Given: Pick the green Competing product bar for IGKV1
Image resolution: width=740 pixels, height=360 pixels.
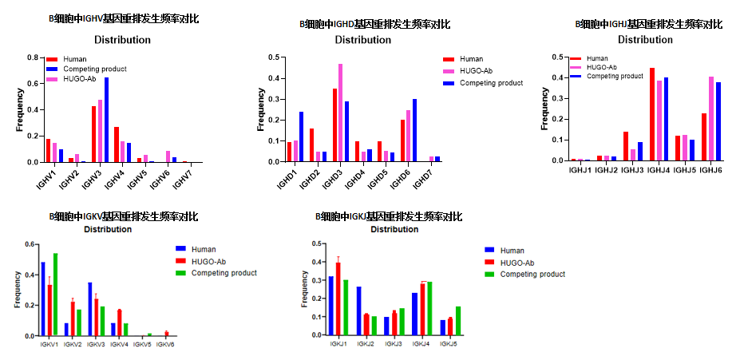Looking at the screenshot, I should coord(55,295).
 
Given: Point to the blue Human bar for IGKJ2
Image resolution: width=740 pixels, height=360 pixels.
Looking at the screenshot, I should coord(359,311).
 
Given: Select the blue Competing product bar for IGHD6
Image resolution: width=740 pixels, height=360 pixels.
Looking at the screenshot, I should coord(415,130).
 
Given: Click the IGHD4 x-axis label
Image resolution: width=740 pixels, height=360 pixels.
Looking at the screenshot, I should coord(354,179).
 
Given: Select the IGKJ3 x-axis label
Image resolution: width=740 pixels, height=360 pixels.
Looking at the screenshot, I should coord(394,344).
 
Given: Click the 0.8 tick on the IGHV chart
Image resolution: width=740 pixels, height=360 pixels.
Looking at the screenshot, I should coord(34,57).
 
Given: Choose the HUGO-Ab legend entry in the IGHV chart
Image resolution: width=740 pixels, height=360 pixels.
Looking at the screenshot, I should coord(79,79).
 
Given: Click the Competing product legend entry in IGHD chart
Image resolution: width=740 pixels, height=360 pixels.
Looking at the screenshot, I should coord(491,83).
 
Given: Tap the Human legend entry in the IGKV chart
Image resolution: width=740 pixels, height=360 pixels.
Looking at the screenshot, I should coord(203,249).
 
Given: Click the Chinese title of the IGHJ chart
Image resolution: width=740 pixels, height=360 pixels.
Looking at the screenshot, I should coord(648,24).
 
